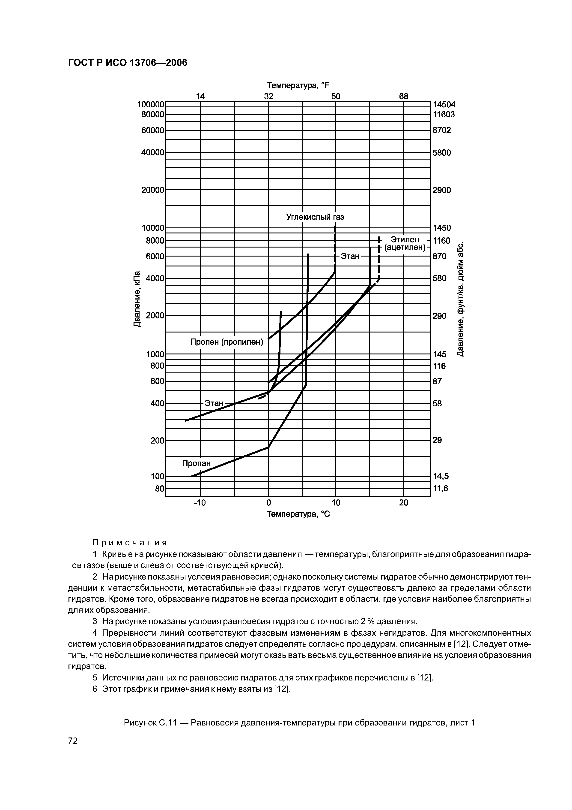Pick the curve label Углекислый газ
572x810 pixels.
[x=315, y=217]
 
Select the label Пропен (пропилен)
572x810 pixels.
[x=227, y=342]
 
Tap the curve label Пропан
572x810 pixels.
[x=196, y=463]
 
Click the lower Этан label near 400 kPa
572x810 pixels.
[x=214, y=403]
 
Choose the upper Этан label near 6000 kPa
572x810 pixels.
[x=350, y=256]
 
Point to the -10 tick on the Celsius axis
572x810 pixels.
[x=200, y=502]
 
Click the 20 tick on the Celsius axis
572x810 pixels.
[x=404, y=502]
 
